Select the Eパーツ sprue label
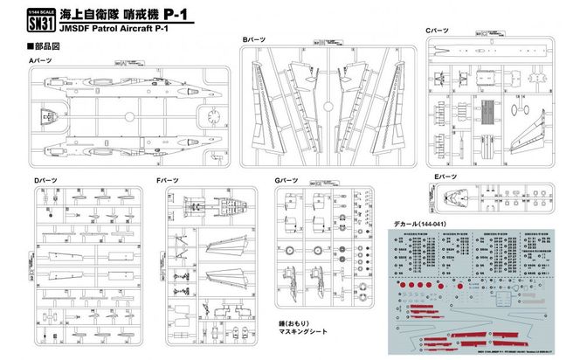point(446,177)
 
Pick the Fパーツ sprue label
point(169,180)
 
